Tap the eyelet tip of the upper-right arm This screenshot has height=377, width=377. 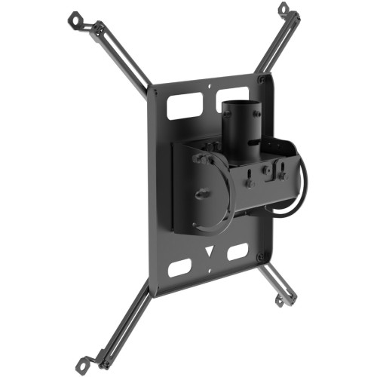click(284, 8)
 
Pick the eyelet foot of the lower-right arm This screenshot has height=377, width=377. click(280, 302)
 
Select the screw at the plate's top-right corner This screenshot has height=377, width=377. click(261, 78)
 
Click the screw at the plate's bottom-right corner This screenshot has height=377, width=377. click(261, 256)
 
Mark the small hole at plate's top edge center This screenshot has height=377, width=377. click(208, 94)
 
